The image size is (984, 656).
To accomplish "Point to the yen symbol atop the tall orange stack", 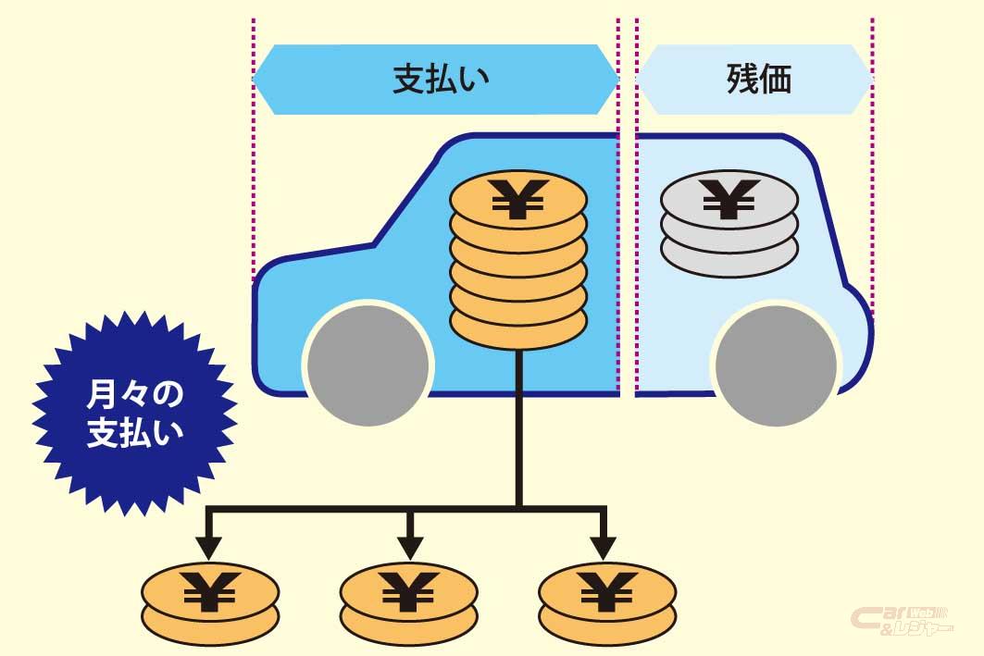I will [518, 197].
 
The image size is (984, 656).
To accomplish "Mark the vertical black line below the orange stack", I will [519, 426].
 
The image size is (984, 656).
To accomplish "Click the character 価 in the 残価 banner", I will [775, 80].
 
